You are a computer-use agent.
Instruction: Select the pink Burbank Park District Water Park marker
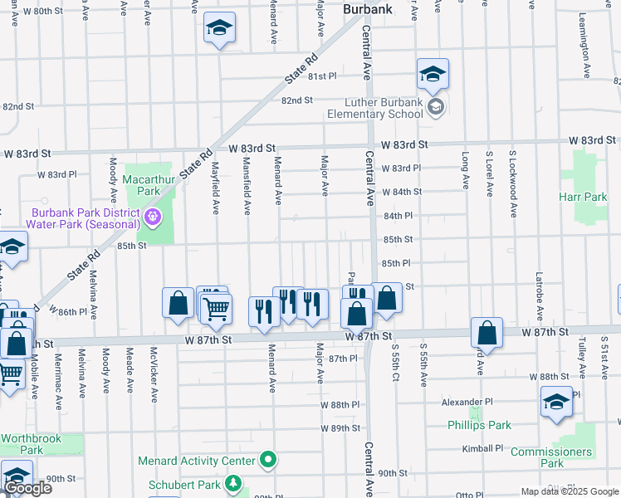point(152,217)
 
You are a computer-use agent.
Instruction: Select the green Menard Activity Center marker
point(267,459)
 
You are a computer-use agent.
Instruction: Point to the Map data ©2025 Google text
point(569,491)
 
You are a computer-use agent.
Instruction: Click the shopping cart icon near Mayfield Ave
point(216,309)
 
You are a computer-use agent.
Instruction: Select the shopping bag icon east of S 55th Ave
point(487,333)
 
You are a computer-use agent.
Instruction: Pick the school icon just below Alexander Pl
point(555,403)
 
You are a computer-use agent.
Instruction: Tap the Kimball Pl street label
point(483,448)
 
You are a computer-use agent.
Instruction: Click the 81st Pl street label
point(322,76)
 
